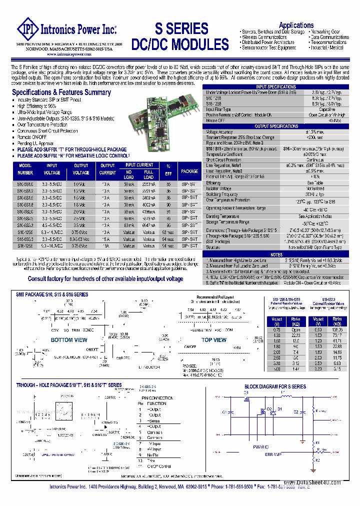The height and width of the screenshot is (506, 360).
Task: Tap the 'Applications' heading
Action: pyautogui.click(x=296, y=25)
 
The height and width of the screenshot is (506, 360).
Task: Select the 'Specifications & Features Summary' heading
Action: pyautogui.click(x=61, y=92)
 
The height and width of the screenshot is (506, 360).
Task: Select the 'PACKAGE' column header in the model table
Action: pyautogui.click(x=189, y=171)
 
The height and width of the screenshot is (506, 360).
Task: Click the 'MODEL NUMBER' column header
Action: pyautogui.click(x=25, y=169)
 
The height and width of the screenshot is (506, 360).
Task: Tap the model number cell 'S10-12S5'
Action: pyautogui.click(x=25, y=232)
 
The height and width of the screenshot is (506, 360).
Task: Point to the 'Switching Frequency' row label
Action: pyautogui.click(x=222, y=194)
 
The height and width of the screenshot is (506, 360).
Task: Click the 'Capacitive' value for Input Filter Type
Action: pyautogui.click(x=327, y=109)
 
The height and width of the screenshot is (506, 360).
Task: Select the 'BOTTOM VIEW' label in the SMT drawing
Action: pyautogui.click(x=69, y=340)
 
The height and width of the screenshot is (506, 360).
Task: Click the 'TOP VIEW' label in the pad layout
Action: pyautogui.click(x=214, y=340)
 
